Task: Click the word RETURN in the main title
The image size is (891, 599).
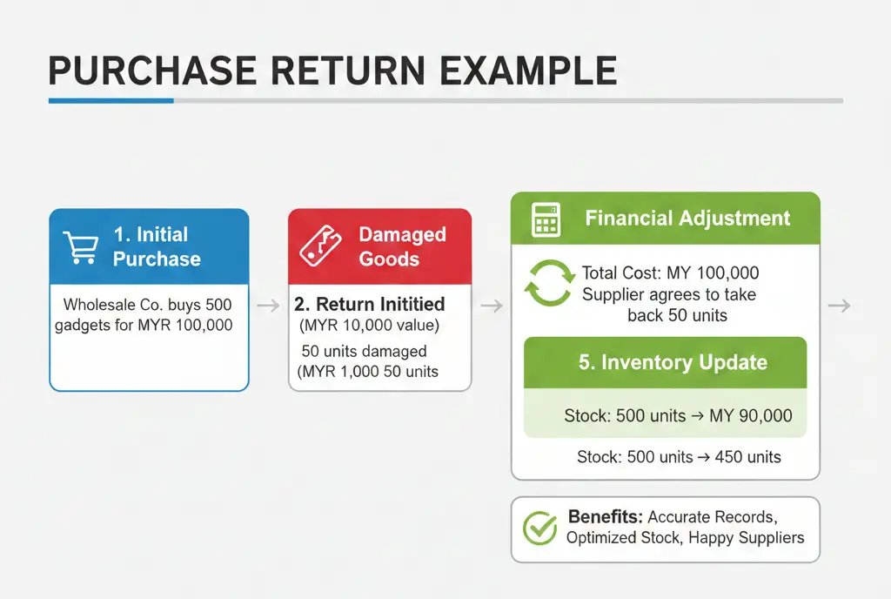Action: point(346,71)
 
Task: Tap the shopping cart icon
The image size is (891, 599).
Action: point(80,247)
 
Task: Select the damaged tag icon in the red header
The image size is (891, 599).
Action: point(320,246)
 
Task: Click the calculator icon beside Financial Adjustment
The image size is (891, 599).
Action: point(546,219)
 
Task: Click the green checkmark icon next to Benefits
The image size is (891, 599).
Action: point(539,528)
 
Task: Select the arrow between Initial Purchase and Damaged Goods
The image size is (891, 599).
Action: point(268,306)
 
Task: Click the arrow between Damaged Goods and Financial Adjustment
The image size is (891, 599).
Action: point(492,306)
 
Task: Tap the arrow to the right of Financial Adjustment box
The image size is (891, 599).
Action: point(840,306)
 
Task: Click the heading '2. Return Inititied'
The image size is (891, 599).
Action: point(369,304)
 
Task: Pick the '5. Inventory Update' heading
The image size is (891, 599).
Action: point(673,362)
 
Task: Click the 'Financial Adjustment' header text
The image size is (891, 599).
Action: point(687,218)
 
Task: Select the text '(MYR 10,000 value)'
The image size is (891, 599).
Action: point(369,325)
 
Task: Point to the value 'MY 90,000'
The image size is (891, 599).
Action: point(751,415)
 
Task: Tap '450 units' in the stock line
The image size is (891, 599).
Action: point(747,457)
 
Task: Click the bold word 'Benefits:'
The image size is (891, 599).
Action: point(606,516)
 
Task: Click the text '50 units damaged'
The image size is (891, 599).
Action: point(365,351)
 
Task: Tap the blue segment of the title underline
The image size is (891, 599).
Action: point(111,101)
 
